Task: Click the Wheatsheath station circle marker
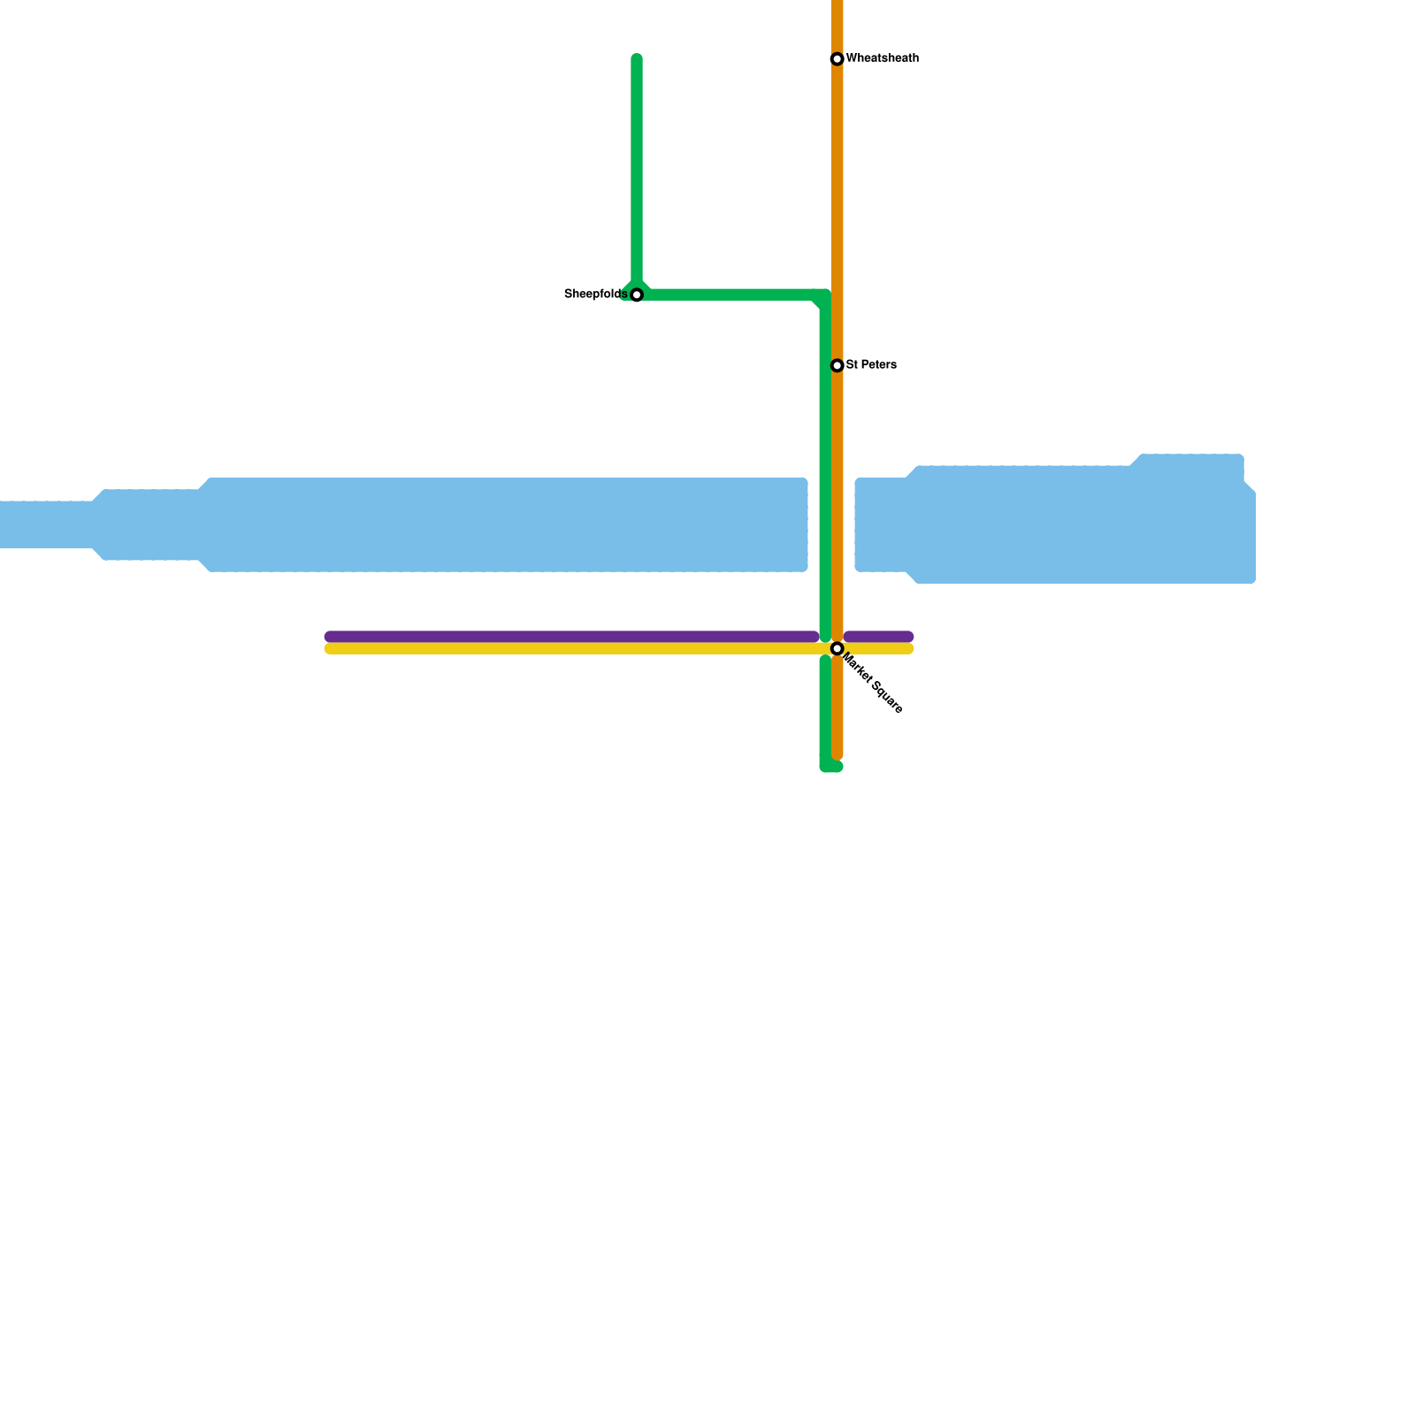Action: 837,59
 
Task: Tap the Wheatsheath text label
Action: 882,58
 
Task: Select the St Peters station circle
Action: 837,365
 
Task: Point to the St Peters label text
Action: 871,364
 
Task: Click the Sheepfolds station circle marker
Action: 637,294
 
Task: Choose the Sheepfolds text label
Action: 595,294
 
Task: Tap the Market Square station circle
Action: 837,649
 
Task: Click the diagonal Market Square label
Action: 873,684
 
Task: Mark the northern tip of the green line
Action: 637,59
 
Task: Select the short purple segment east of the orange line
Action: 878,637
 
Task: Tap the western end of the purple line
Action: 330,637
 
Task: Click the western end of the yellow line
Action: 330,649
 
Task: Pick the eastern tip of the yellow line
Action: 908,649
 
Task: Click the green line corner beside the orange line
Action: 824,296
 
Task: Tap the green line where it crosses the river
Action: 825,524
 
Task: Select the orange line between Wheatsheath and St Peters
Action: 837,212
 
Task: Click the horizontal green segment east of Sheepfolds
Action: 730,294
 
